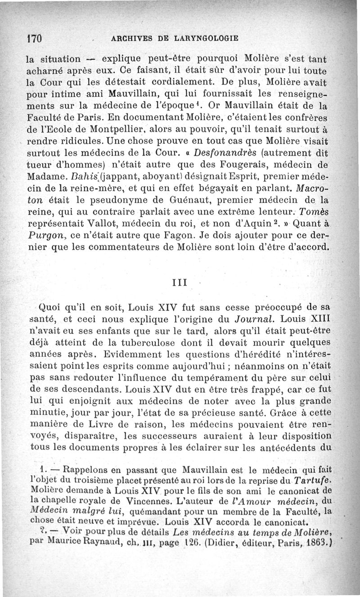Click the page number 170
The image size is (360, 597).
(34, 38)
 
